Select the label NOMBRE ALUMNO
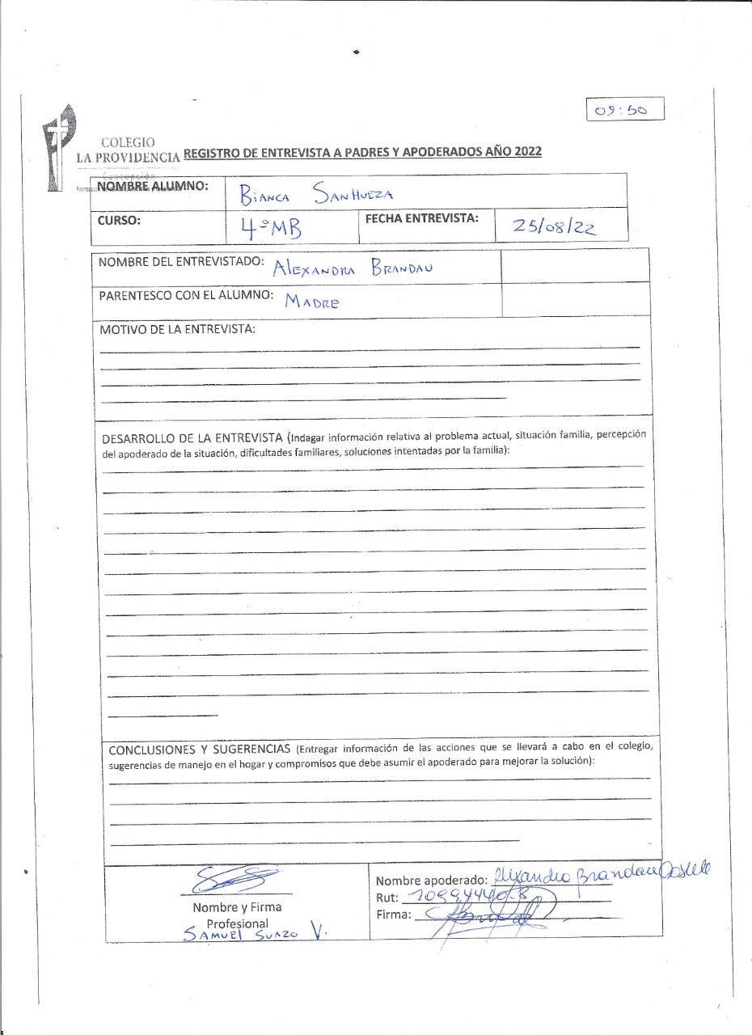[x=152, y=187]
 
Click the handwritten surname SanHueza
[x=348, y=192]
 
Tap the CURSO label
[x=120, y=219]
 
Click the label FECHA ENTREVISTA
[x=422, y=218]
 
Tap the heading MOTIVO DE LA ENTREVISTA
[x=177, y=329]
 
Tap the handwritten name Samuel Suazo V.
[x=254, y=933]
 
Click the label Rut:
[x=387, y=898]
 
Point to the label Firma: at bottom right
[x=394, y=915]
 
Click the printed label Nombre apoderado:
[x=430, y=881]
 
